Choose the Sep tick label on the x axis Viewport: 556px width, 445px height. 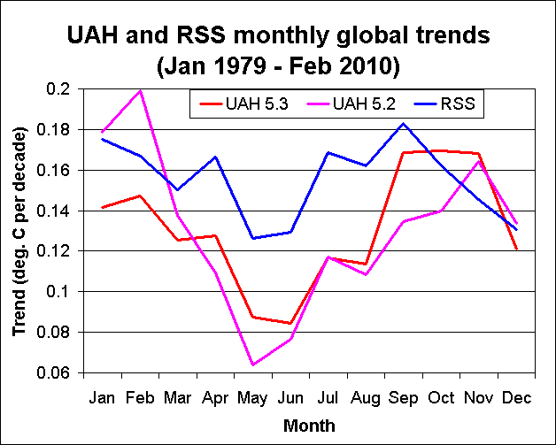tap(404, 398)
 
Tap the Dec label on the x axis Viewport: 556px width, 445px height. tap(516, 398)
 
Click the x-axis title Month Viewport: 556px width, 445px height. tap(309, 426)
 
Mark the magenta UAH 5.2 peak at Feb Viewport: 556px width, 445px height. tap(140, 90)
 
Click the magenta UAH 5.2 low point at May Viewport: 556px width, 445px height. tap(253, 364)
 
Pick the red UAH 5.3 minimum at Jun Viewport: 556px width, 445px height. tap(290, 324)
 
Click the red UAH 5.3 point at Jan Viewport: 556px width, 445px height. tap(103, 207)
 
